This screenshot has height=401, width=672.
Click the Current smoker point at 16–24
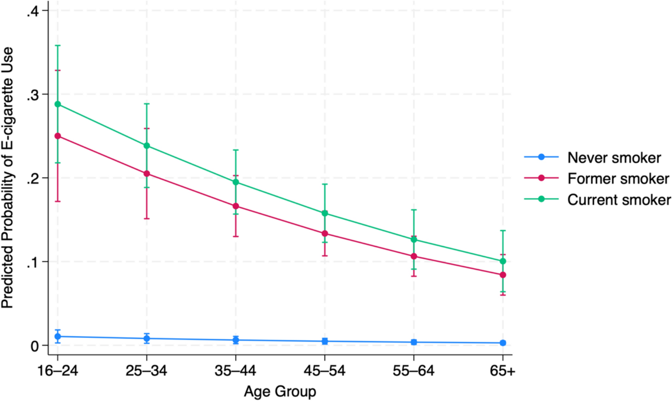(x=58, y=104)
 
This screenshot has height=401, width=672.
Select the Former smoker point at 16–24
(x=58, y=136)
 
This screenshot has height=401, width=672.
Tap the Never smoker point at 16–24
(x=58, y=337)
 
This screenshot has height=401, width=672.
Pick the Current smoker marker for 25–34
(x=147, y=146)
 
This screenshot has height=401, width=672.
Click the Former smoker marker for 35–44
(x=236, y=206)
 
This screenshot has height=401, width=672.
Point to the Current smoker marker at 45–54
(x=325, y=213)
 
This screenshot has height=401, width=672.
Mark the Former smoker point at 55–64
(x=414, y=256)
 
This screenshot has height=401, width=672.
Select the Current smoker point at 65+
(x=503, y=261)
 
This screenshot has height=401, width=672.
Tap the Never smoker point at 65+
(x=503, y=343)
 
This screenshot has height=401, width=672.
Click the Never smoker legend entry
(x=614, y=158)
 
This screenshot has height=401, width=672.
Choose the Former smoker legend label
(x=618, y=179)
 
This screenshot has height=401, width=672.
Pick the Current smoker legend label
(x=619, y=200)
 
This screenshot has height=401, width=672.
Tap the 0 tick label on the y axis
(x=35, y=346)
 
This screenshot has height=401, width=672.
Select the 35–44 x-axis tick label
(x=235, y=371)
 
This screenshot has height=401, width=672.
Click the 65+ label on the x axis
(x=503, y=371)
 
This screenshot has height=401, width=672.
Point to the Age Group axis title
(x=280, y=392)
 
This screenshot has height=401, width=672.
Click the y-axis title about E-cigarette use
(x=8, y=177)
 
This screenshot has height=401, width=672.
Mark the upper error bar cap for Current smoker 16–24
(x=58, y=46)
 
